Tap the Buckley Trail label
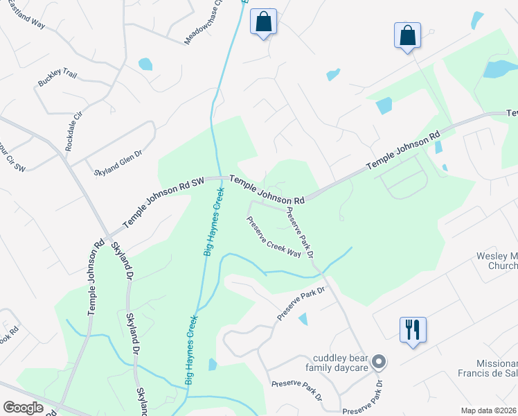click(58, 78)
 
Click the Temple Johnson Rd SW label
click(164, 202)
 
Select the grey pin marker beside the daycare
click(378, 361)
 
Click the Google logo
click(24, 408)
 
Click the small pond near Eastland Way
click(145, 64)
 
